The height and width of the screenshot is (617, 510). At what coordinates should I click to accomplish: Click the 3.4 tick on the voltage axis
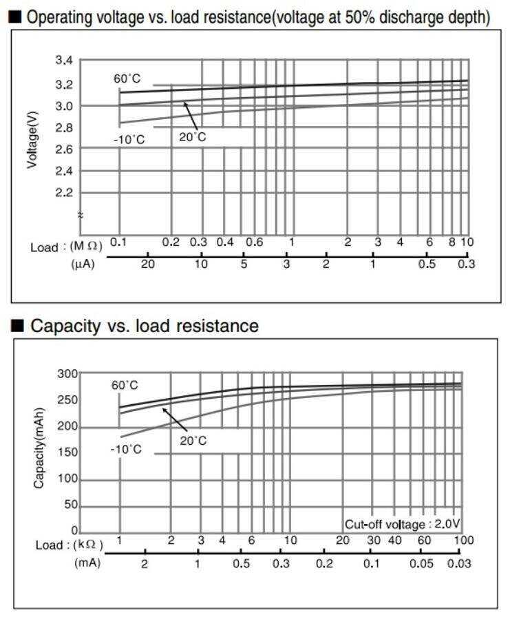(x=63, y=61)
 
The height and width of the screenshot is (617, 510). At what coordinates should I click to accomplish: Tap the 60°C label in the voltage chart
(x=127, y=79)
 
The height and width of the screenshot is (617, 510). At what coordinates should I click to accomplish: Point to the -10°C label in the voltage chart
(x=129, y=140)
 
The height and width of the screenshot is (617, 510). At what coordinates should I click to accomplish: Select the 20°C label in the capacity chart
(x=193, y=441)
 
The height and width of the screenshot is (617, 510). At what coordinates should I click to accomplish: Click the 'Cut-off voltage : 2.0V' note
(x=401, y=524)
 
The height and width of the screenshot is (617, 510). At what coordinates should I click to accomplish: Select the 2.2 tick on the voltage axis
(x=63, y=193)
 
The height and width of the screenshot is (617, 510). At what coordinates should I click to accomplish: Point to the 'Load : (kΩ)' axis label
(x=69, y=545)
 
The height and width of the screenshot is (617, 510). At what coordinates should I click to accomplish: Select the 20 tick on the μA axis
(x=147, y=264)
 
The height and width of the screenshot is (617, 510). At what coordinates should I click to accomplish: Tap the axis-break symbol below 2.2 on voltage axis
(x=81, y=215)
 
